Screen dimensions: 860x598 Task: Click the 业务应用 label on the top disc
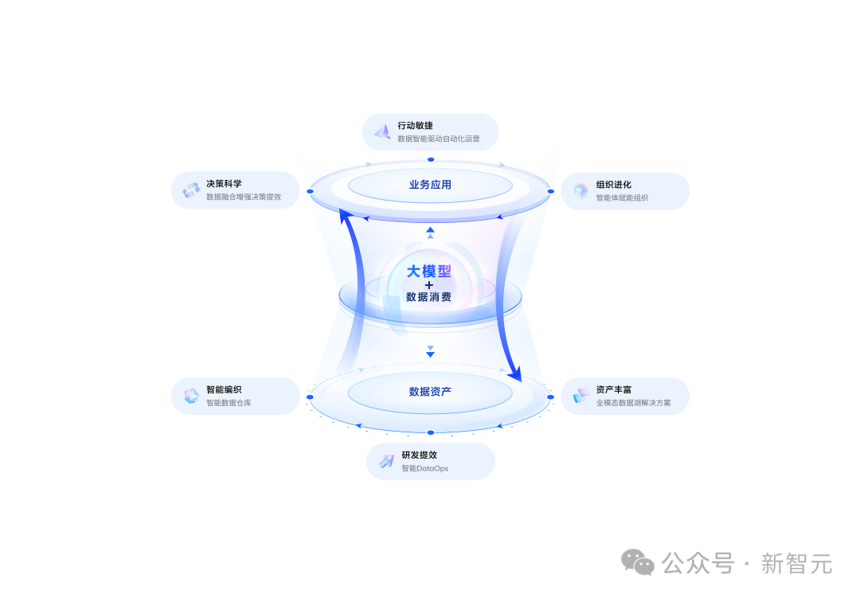430,185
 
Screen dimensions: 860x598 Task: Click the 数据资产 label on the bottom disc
430,392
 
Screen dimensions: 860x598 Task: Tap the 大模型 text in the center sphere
429,271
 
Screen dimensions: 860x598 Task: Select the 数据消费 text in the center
429,297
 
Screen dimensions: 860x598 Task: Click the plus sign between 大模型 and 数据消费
429,285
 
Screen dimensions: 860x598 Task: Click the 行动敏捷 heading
415,126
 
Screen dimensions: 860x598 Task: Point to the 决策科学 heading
224,184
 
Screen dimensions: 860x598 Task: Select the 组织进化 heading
614,185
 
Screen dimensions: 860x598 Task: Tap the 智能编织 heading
224,389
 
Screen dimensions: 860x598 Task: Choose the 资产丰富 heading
614,389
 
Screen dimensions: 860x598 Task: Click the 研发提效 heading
420,455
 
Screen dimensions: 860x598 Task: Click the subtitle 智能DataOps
425,468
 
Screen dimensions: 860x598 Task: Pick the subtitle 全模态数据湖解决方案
634,403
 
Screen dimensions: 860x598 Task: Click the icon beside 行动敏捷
382,131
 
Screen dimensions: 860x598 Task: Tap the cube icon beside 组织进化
580,190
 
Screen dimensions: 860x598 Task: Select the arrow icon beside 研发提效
387,461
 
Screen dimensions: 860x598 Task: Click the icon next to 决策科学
191,190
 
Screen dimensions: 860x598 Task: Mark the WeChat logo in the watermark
637,562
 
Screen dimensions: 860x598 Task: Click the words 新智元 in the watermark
796,564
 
